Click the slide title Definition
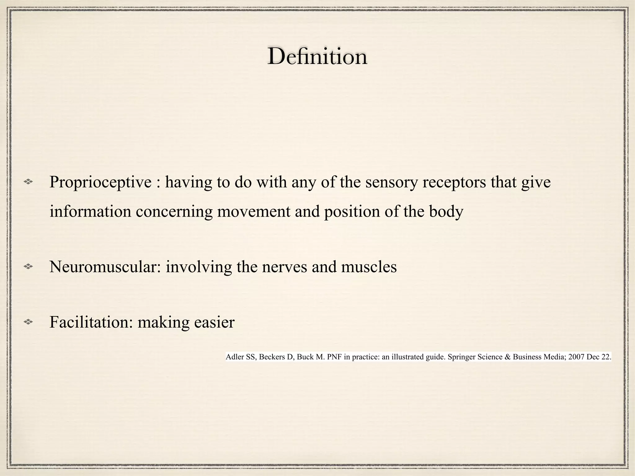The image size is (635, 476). point(317,56)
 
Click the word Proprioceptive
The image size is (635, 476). point(100,182)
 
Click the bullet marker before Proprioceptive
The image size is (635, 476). point(28,183)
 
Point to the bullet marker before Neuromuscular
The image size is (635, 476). point(28,266)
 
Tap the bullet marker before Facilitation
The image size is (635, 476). point(28,323)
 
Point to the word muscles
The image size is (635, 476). point(369,267)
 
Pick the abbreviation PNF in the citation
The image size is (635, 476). point(332,357)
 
